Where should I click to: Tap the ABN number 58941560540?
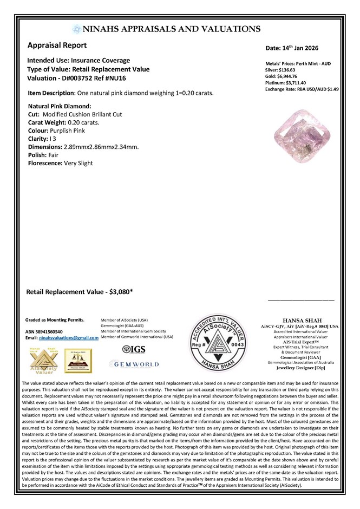coord(50,331)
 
